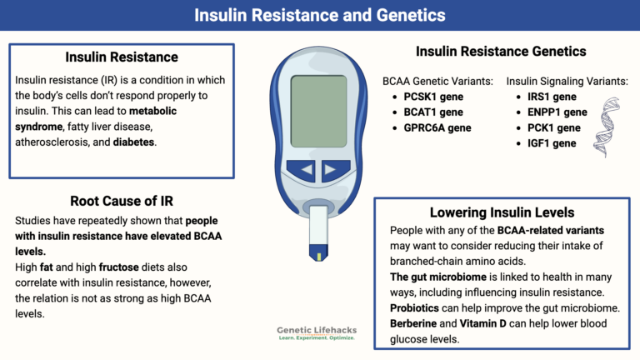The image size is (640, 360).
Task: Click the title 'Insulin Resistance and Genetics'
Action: tap(319, 15)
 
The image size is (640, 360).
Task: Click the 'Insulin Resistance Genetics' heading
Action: tap(501, 52)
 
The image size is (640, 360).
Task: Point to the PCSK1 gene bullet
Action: tap(434, 97)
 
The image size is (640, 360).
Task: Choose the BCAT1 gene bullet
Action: tap(433, 112)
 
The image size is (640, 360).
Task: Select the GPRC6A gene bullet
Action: tap(437, 128)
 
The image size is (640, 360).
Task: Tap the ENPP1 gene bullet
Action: tap(551, 112)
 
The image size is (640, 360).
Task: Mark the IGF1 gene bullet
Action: tap(546, 144)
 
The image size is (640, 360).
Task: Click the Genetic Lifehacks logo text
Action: tap(316, 331)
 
